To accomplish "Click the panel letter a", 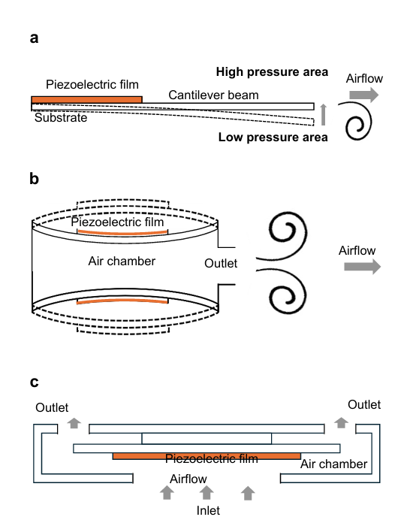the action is [x=34, y=38].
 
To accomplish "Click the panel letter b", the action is [x=35, y=178].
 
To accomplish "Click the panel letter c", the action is [x=35, y=382].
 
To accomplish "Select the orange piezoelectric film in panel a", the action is [x=87, y=100].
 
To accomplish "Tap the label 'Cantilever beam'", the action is [x=213, y=95].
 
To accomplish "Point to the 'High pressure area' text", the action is [x=272, y=72].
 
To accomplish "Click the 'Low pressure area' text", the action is [x=273, y=138].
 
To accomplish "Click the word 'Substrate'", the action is [x=61, y=118].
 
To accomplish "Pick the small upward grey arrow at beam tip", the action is [x=323, y=115].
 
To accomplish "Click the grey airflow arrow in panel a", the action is [x=364, y=95].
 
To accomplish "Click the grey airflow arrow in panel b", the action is [x=363, y=267].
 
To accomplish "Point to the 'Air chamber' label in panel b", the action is [x=122, y=261].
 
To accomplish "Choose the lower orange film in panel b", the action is [x=122, y=301].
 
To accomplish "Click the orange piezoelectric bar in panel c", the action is [x=207, y=456].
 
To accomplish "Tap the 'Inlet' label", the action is [x=208, y=510].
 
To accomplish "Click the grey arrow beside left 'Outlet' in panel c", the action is [x=74, y=423].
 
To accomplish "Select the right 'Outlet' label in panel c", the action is [x=364, y=404].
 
